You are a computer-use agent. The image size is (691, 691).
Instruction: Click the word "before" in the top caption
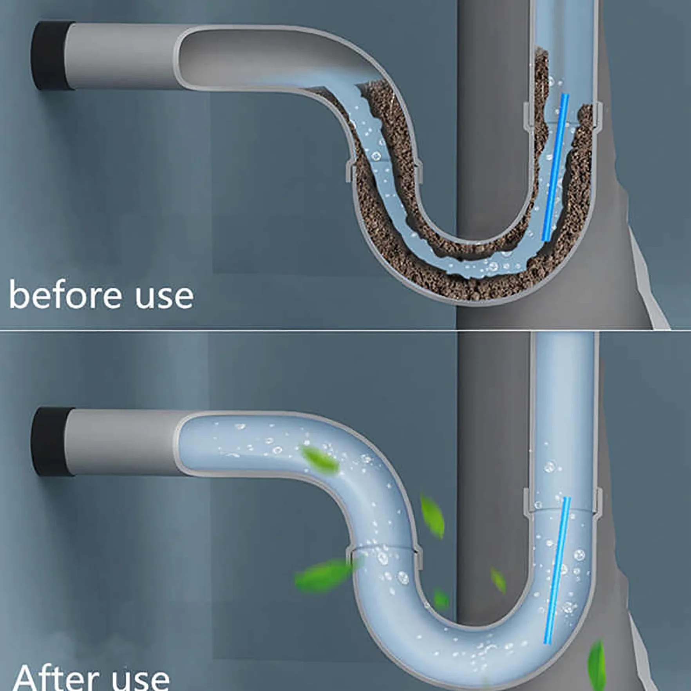(x=66, y=295)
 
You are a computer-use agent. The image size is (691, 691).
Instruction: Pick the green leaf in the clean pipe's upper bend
(x=320, y=461)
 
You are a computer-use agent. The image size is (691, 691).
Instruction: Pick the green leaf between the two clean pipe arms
(x=432, y=515)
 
